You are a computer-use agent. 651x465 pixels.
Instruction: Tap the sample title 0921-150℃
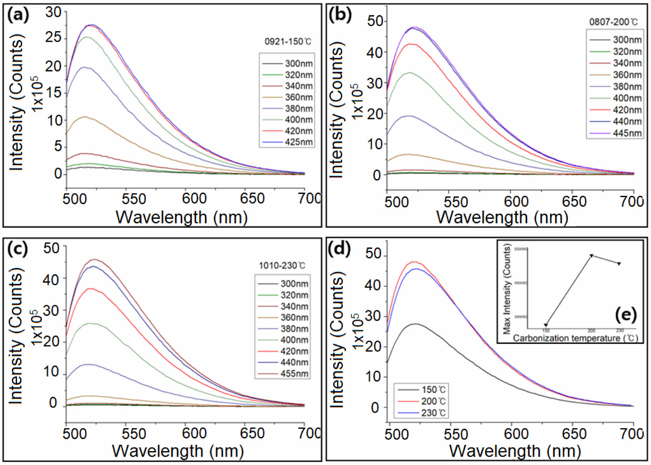(x=288, y=42)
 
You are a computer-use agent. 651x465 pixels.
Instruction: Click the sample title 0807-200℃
(x=613, y=22)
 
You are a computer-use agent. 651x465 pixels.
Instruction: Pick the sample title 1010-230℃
(x=282, y=266)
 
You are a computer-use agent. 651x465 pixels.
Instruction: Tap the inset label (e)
(x=625, y=314)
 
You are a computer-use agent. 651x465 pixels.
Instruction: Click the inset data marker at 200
(x=591, y=256)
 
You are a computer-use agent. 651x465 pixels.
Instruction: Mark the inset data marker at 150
(x=546, y=325)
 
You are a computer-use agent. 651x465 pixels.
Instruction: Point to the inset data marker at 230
(x=619, y=264)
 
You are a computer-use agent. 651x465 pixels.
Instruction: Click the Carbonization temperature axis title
(x=575, y=338)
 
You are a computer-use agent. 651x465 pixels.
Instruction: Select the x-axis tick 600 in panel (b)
(x=516, y=201)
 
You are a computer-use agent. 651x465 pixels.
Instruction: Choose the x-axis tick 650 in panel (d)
(x=574, y=434)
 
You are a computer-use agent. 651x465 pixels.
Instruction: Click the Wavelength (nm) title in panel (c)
(x=178, y=451)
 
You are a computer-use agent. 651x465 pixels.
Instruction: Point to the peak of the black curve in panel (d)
(x=415, y=324)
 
